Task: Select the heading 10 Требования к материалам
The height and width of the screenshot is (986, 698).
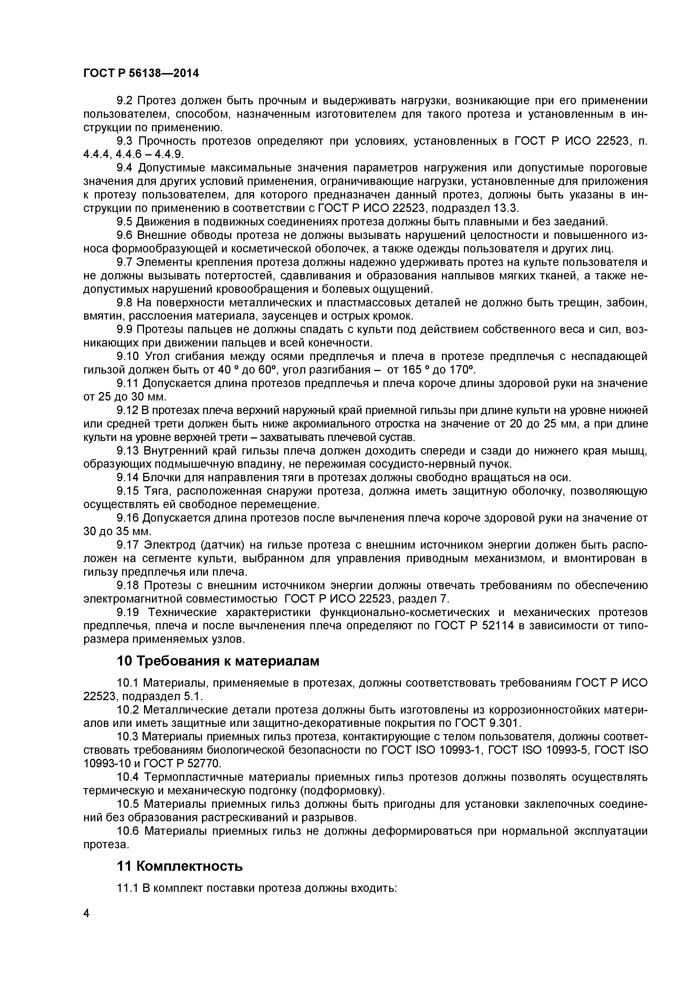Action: (218, 661)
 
